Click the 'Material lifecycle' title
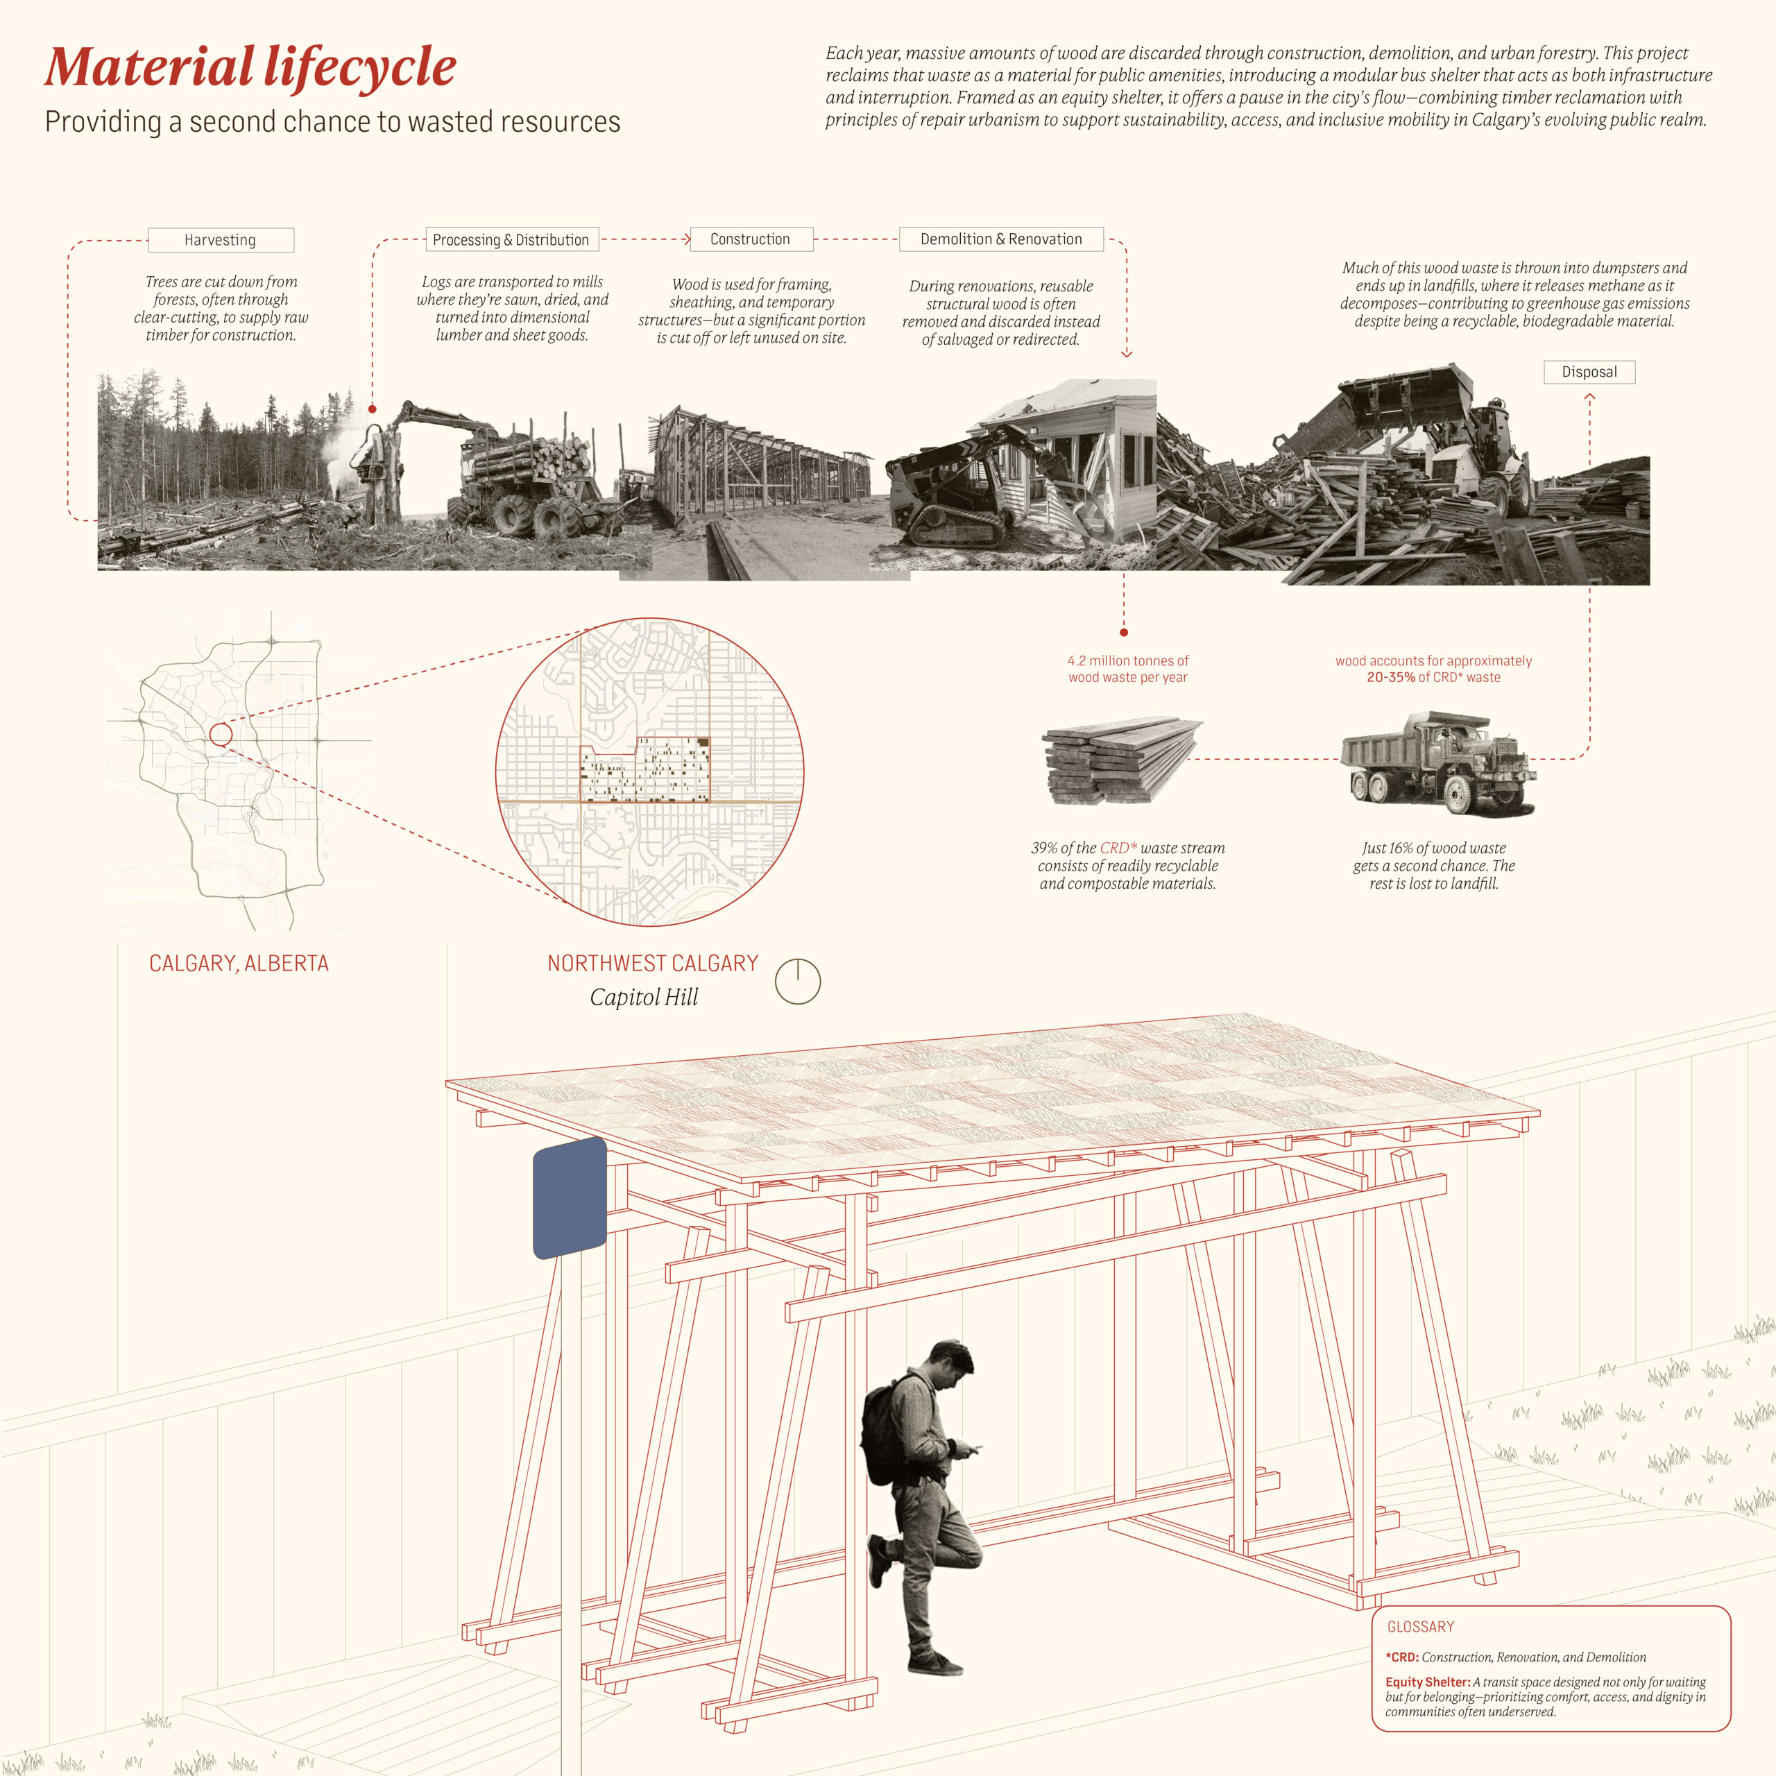click(x=250, y=67)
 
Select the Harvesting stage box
click(x=221, y=240)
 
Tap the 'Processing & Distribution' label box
click(x=511, y=240)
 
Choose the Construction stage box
click(x=750, y=239)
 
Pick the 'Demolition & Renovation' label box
click(x=1001, y=239)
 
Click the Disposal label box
click(x=1589, y=371)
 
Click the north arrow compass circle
click(x=797, y=982)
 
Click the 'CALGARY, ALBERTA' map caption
click(x=239, y=964)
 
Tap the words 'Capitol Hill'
click(x=644, y=998)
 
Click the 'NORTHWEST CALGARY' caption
click(x=653, y=964)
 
